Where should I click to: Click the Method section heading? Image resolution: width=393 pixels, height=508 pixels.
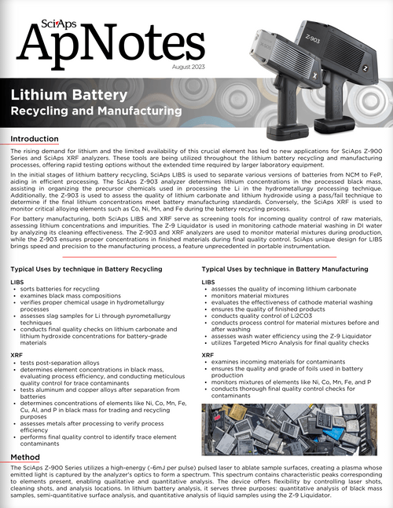pos(26,456)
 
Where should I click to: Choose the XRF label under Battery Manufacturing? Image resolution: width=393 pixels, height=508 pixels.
pos(208,355)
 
